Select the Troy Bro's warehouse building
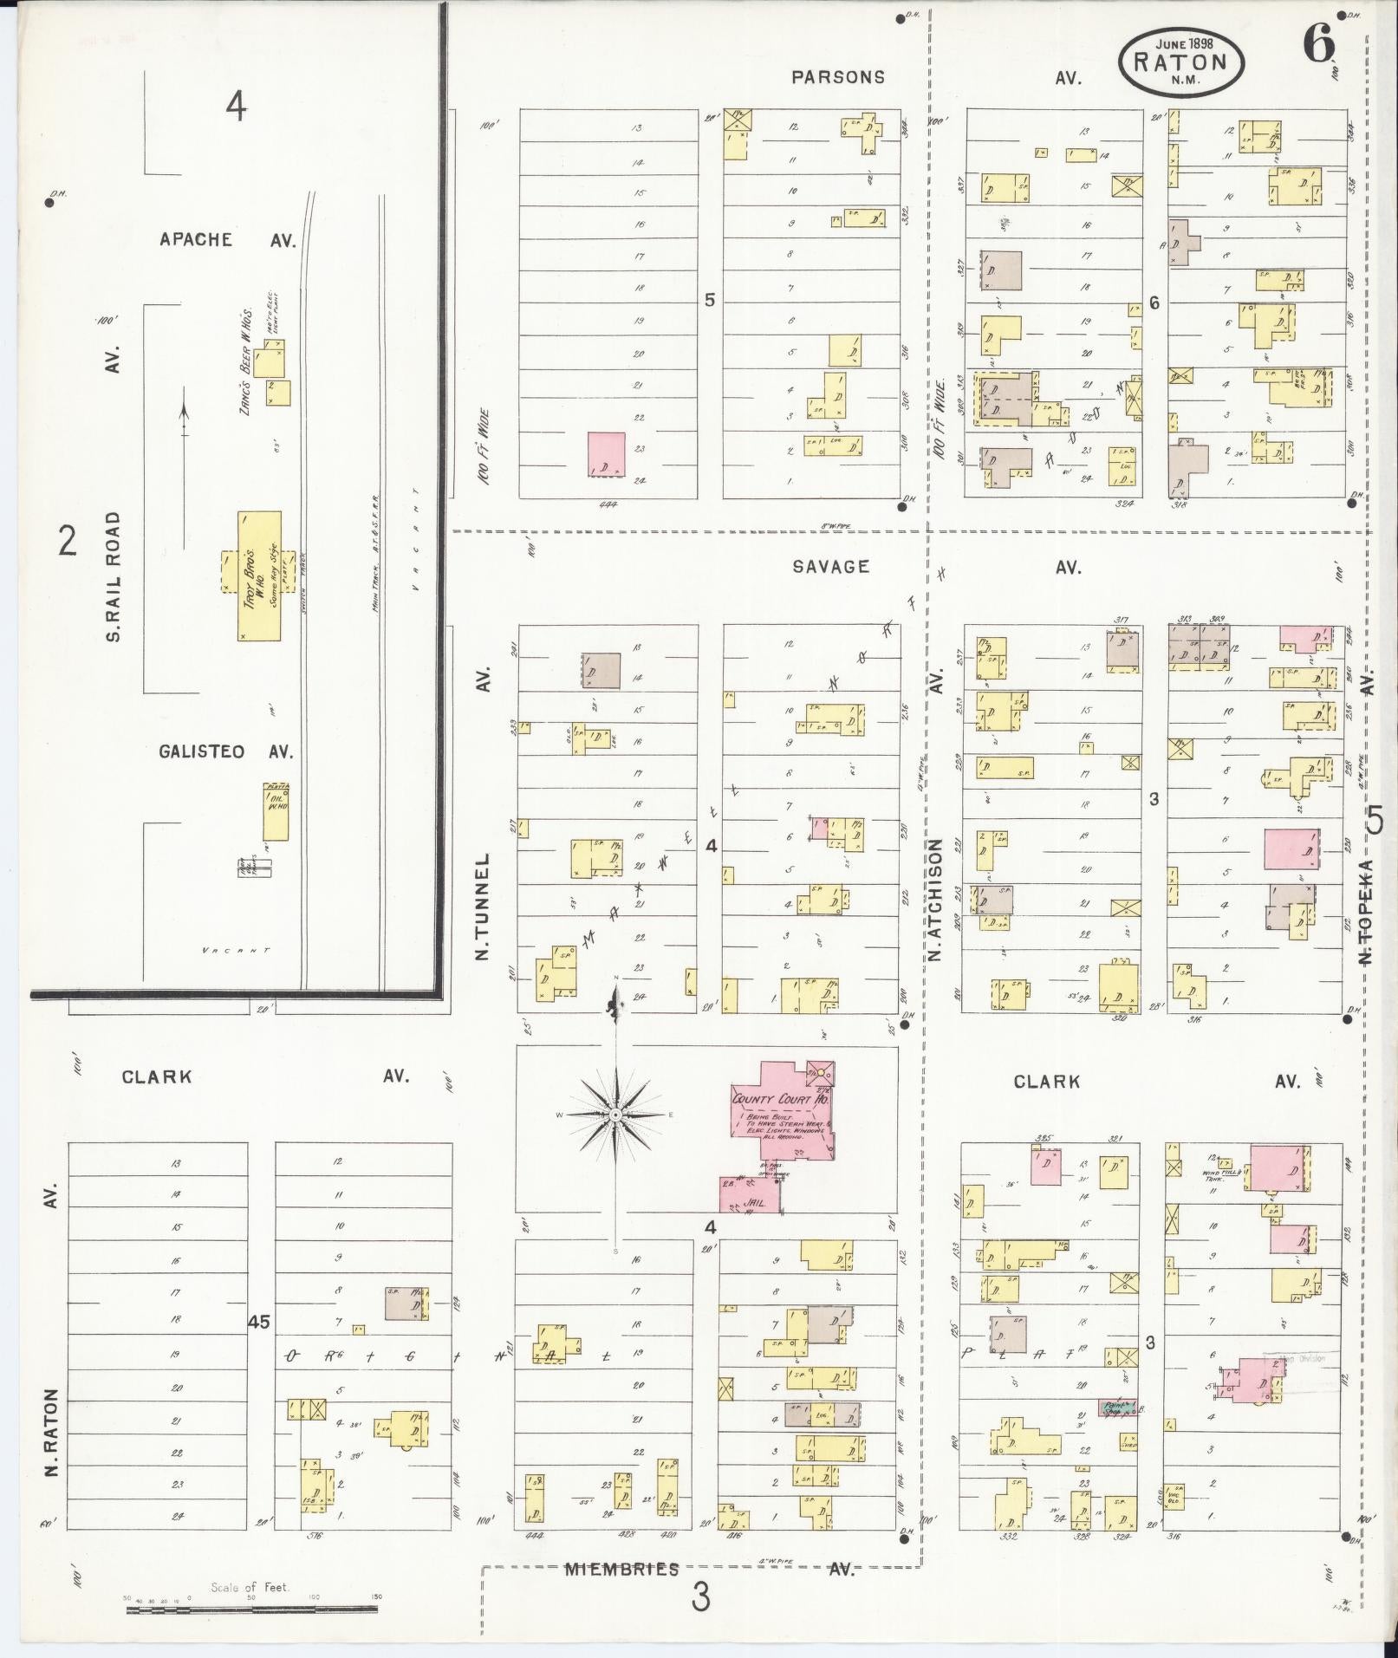[259, 575]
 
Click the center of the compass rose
[615, 1114]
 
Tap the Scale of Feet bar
[251, 1610]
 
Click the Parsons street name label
[838, 77]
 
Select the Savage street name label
[830, 567]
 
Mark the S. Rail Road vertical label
[114, 576]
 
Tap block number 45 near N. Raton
[259, 1323]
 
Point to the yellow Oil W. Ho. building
[276, 812]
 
